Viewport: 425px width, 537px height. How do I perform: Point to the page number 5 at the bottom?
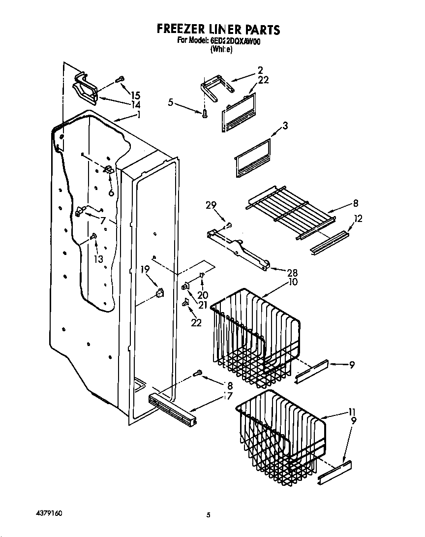click(209, 515)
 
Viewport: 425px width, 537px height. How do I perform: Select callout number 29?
click(212, 206)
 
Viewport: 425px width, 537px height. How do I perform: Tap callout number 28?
click(278, 272)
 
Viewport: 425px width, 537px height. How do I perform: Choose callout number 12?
click(358, 219)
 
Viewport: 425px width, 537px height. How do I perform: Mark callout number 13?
click(98, 259)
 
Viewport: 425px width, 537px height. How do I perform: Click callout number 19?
click(145, 269)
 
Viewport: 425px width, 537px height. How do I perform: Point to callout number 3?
click(285, 126)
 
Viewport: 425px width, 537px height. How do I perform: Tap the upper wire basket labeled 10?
click(256, 340)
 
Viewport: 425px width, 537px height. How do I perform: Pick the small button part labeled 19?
click(159, 293)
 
